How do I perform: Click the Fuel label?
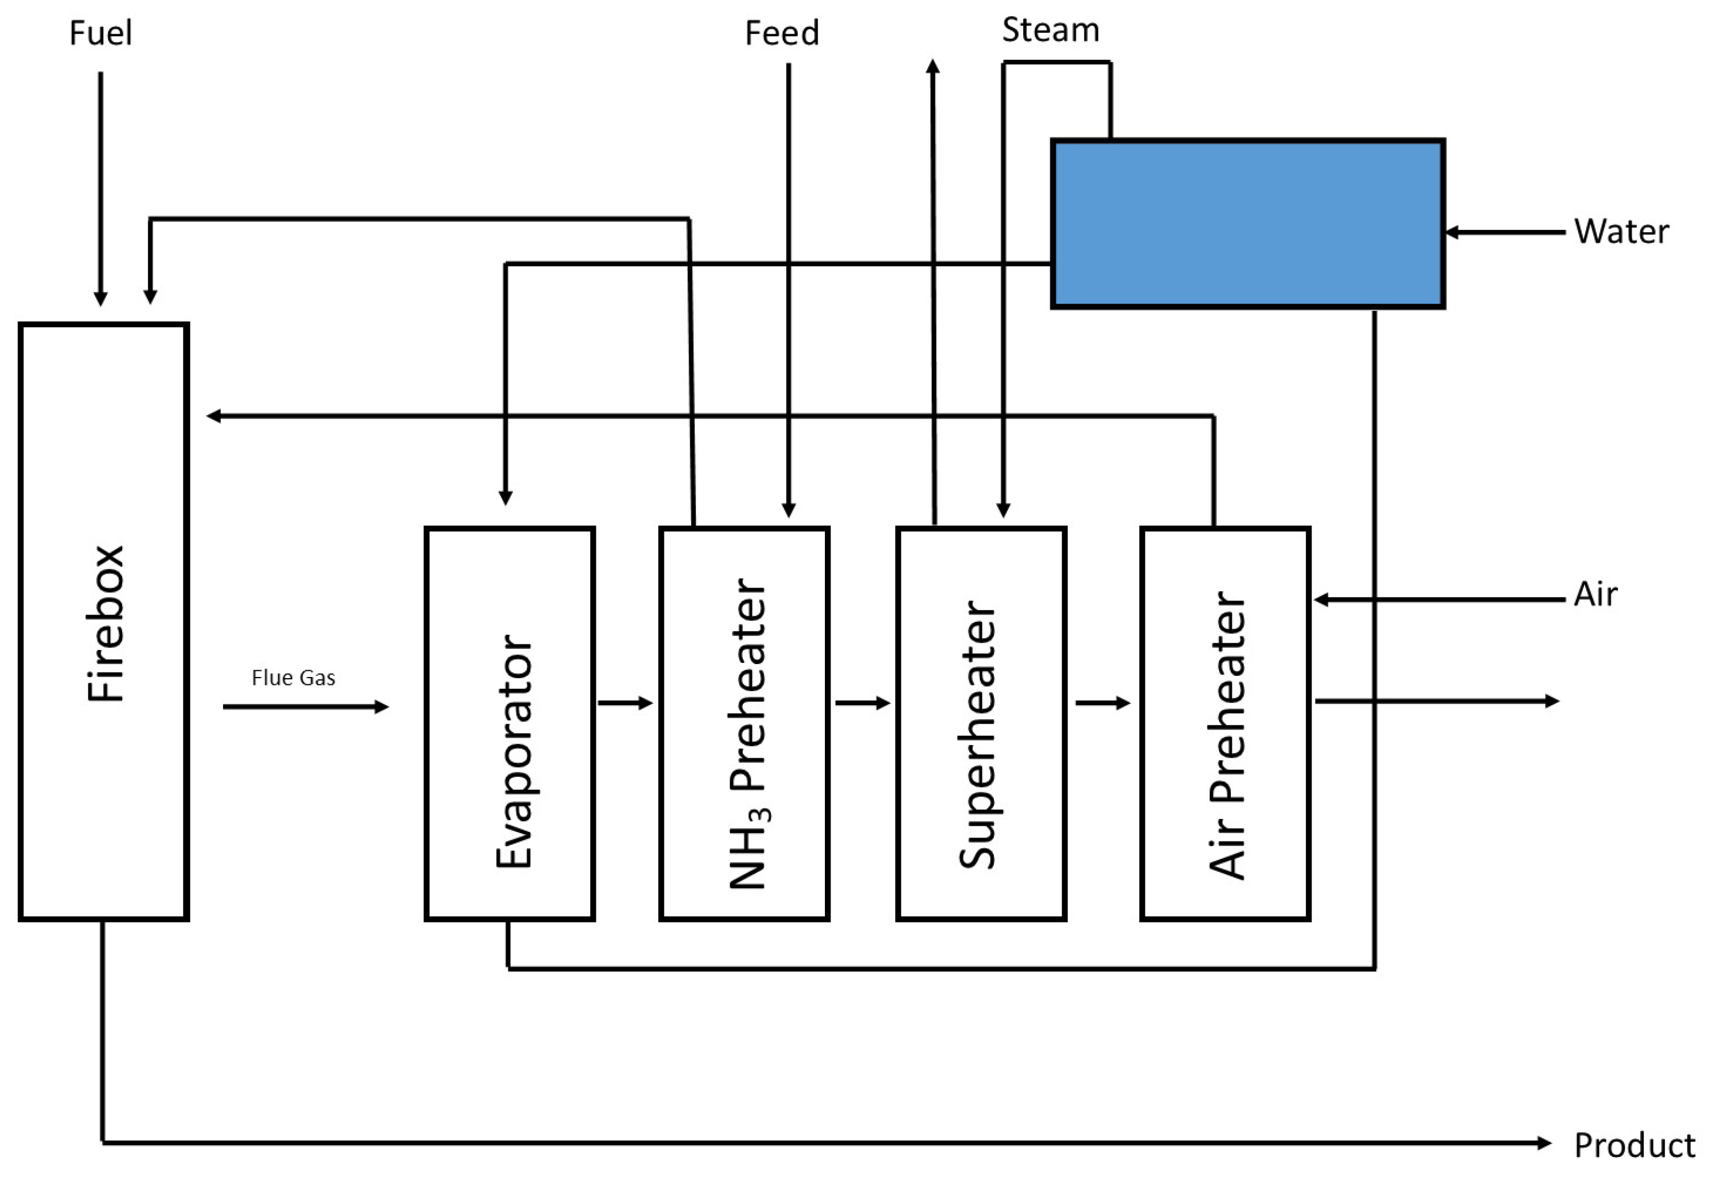point(101,33)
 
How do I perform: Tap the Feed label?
point(782,33)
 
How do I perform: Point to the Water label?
point(1621,231)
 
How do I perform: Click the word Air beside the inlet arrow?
point(1595,594)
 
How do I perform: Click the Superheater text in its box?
point(978,734)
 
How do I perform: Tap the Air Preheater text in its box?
point(1227,736)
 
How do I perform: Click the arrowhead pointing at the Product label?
point(1543,1143)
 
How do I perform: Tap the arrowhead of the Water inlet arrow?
point(1451,232)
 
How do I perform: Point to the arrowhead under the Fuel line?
point(101,299)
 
